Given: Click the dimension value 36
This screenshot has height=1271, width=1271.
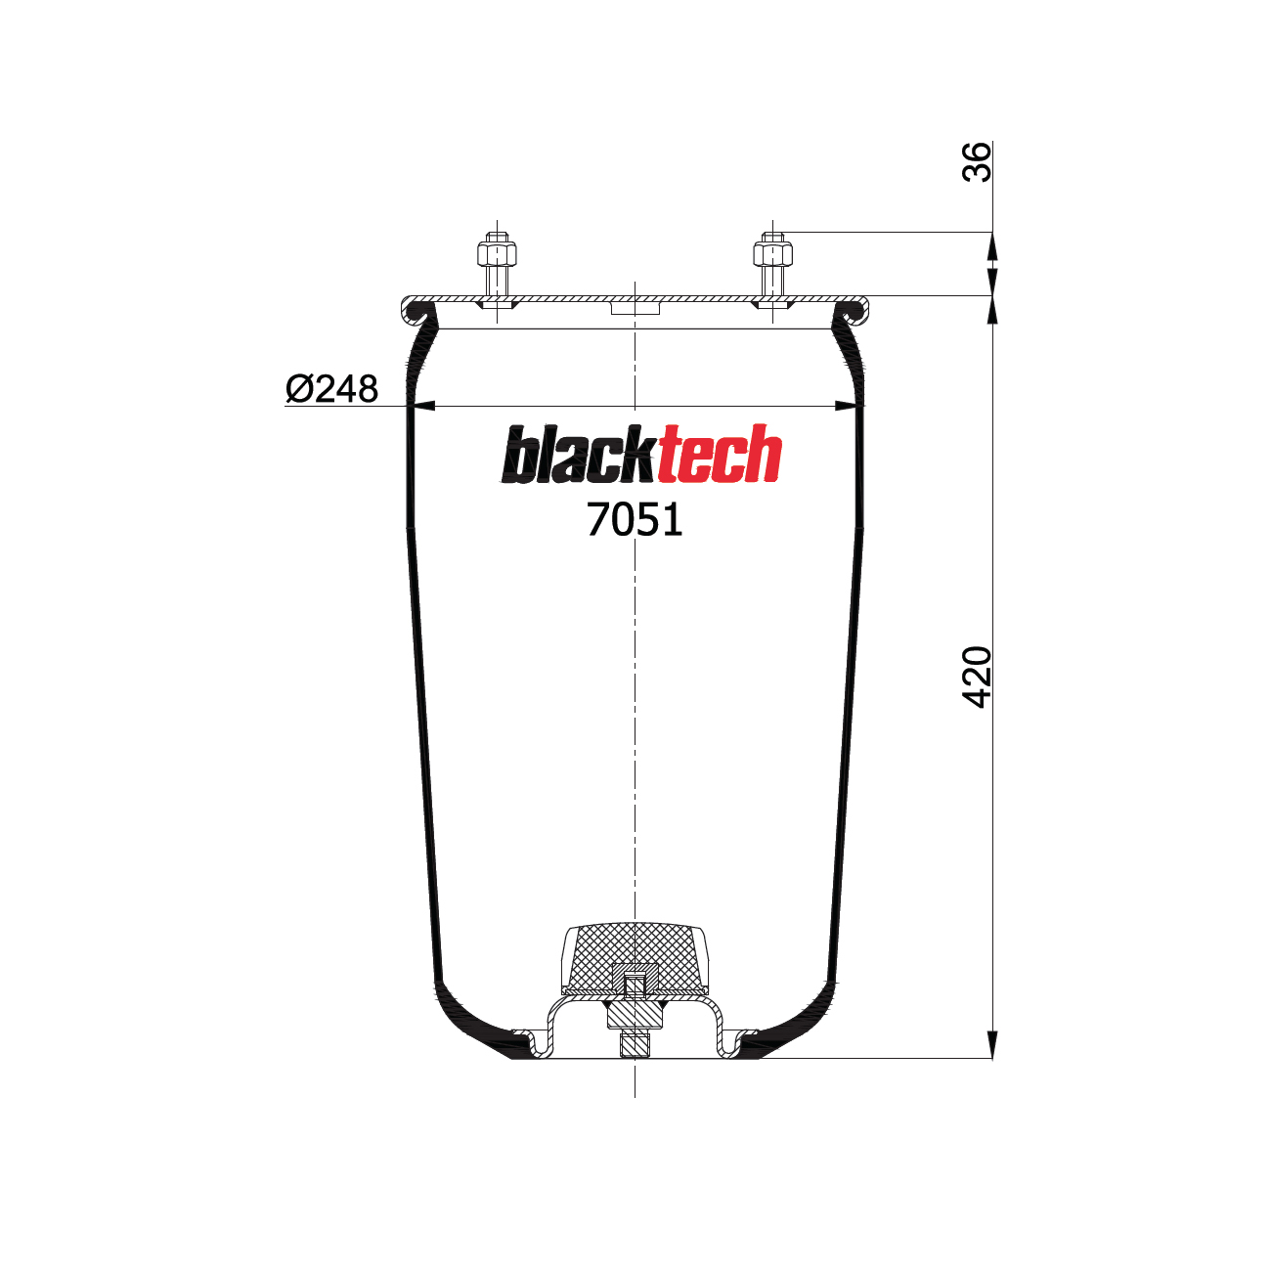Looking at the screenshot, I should click(x=977, y=161).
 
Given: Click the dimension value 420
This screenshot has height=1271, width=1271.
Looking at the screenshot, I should click(x=977, y=677).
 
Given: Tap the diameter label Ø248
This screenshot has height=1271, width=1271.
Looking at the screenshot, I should click(x=331, y=389).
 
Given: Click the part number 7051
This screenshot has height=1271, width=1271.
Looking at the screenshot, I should click(x=635, y=520).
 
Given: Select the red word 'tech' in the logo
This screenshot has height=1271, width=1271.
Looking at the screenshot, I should click(x=720, y=455).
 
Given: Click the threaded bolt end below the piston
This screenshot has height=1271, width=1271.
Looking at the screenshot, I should click(x=635, y=1045).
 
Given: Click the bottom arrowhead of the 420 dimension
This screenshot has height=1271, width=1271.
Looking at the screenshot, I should click(x=992, y=1045).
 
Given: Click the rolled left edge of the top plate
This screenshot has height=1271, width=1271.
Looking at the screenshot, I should click(x=411, y=311).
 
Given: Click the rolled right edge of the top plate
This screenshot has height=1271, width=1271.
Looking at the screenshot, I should click(x=859, y=311).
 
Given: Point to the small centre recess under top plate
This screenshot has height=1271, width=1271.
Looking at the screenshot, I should click(x=635, y=308).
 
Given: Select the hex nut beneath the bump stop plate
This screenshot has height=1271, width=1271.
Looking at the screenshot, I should click(x=635, y=1018).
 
